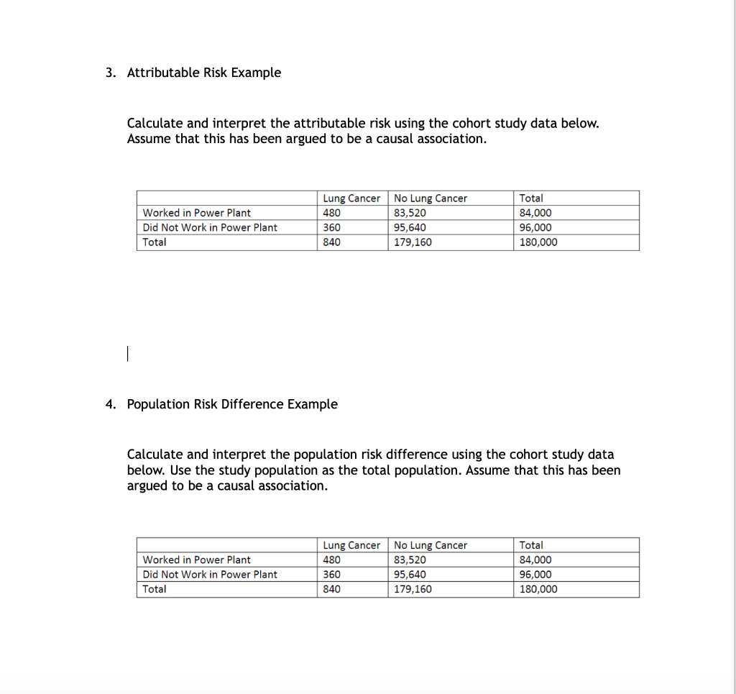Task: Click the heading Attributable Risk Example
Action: click(x=203, y=73)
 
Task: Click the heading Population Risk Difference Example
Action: click(x=231, y=404)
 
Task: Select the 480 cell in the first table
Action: click(x=332, y=213)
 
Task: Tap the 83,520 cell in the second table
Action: click(x=410, y=560)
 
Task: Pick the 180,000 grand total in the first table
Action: click(x=538, y=242)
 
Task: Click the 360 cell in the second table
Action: click(x=332, y=575)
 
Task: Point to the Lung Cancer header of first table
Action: click(x=351, y=198)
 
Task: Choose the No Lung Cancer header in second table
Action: click(x=431, y=546)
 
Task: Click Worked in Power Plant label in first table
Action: click(x=197, y=213)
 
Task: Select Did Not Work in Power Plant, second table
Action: click(x=210, y=575)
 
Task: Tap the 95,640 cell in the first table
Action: click(x=410, y=227)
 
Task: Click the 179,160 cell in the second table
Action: click(x=413, y=589)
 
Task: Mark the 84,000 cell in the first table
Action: click(x=535, y=213)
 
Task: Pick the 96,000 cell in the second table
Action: click(x=535, y=575)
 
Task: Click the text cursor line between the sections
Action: click(x=126, y=354)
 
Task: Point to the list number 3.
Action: click(x=109, y=73)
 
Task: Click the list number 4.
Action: click(x=109, y=404)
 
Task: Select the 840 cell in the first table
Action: click(x=332, y=242)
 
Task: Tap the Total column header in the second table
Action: click(x=531, y=546)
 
